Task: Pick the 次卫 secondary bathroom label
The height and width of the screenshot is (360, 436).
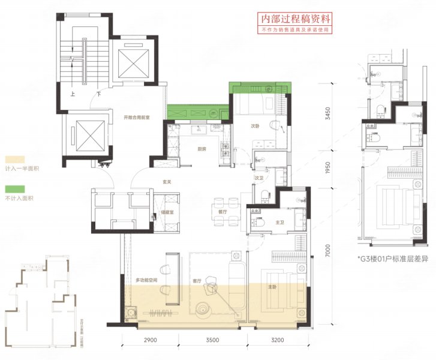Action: [x=260, y=178]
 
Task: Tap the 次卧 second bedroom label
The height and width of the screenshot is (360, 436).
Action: [x=255, y=126]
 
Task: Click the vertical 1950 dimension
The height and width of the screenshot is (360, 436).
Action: [x=327, y=169]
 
